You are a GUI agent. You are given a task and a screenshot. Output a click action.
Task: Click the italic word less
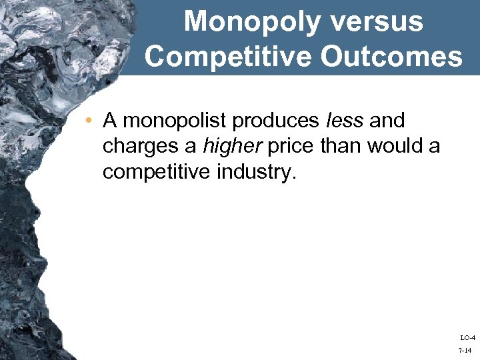(345, 121)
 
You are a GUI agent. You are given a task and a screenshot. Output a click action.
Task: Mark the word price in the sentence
(291, 146)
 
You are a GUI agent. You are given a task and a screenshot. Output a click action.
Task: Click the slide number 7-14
(466, 349)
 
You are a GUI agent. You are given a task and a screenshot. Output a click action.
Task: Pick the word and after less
(387, 121)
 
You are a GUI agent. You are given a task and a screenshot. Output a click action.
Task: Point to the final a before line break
(433, 146)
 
